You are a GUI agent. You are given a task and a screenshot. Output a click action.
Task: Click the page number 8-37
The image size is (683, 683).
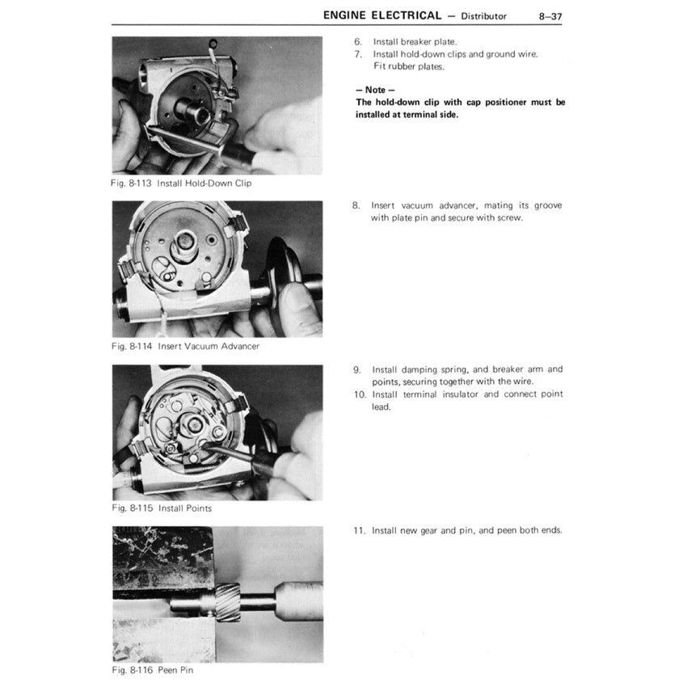click(x=550, y=16)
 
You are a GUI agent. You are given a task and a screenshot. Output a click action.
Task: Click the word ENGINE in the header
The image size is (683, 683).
click(x=344, y=15)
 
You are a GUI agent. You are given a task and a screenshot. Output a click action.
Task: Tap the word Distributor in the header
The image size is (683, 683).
click(x=483, y=16)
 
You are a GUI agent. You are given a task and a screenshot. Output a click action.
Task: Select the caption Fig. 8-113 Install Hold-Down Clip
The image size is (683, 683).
click(x=181, y=183)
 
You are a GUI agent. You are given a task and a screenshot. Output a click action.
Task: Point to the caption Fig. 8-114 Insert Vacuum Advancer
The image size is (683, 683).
click(x=185, y=346)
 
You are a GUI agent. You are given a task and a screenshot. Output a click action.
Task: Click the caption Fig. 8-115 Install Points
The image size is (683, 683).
click(x=162, y=508)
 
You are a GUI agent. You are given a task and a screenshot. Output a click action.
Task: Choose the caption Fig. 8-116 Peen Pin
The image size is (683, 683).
click(x=153, y=670)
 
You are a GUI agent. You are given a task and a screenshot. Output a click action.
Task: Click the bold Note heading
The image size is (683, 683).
click(x=375, y=91)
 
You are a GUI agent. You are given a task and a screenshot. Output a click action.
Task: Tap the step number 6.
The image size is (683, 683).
click(x=358, y=42)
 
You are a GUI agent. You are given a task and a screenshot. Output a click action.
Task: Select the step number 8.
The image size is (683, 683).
click(x=356, y=205)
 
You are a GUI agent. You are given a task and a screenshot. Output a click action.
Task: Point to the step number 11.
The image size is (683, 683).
click(x=360, y=530)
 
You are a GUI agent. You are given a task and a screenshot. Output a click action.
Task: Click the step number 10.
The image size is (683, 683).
click(x=360, y=394)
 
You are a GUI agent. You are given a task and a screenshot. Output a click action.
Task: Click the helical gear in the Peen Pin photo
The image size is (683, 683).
click(x=227, y=602)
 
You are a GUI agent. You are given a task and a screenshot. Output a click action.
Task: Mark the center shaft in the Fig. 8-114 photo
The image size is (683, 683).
click(x=185, y=243)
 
